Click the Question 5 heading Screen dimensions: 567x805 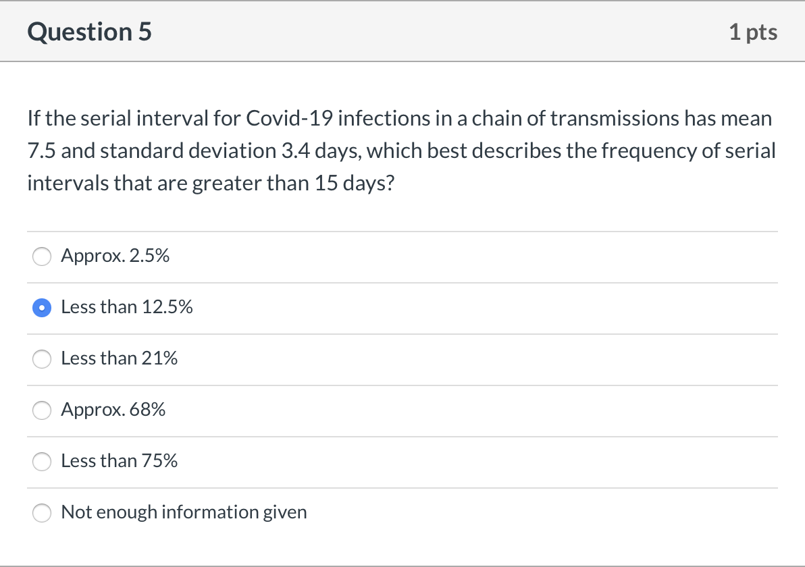90,32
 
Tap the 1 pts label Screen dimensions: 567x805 753,32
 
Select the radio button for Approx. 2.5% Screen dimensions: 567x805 43,256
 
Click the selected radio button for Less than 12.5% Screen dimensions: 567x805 43,307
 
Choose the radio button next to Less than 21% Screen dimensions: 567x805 43,358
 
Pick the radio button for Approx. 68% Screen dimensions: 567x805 43,410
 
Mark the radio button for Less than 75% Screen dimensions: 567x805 43,461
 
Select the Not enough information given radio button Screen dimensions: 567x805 43,512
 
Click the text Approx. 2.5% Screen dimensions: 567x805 115,256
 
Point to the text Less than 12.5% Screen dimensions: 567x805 126,307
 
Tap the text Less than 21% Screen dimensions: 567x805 119,358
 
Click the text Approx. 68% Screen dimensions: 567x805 113,410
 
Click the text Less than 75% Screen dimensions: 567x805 119,461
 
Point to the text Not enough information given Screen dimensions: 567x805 184,512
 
